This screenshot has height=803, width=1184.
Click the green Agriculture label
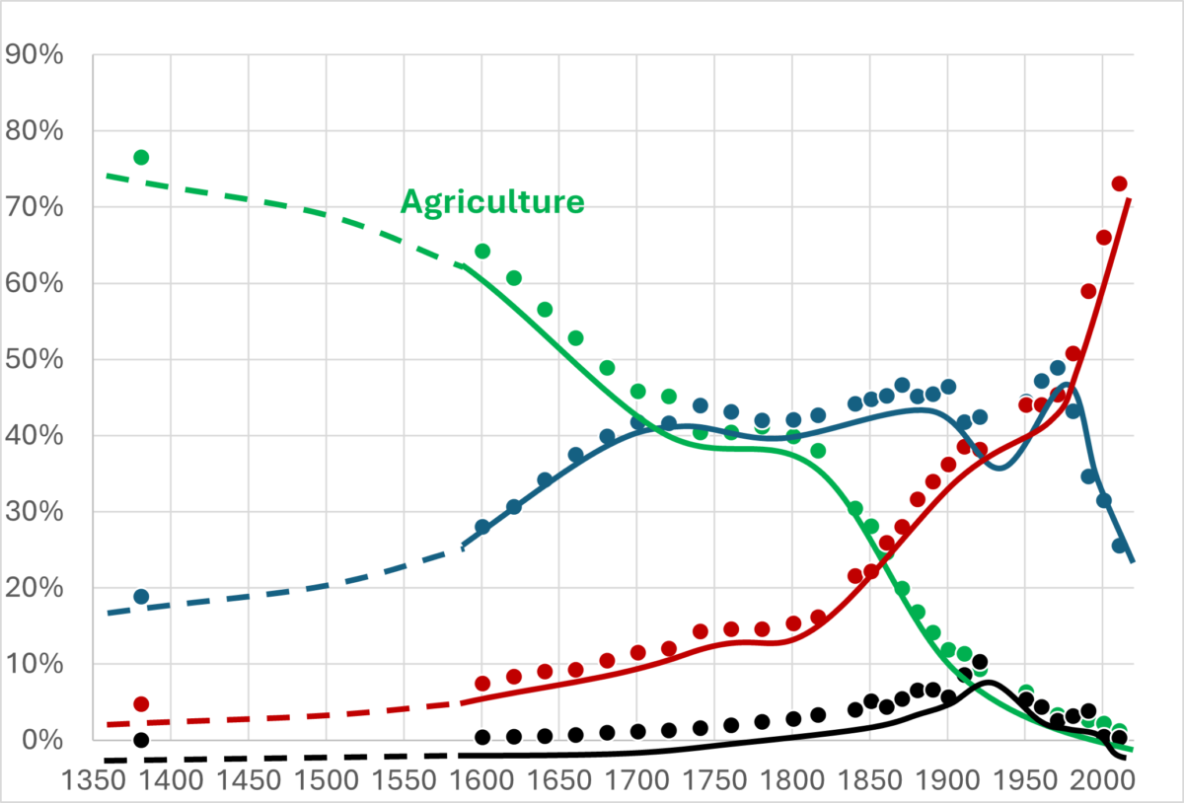pos(491,202)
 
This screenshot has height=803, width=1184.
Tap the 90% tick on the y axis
pos(36,55)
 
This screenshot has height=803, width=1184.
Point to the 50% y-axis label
pos(36,360)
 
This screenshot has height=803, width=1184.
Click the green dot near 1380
pos(141,158)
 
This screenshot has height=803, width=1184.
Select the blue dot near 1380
pos(141,597)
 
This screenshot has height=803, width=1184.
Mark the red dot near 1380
pos(141,704)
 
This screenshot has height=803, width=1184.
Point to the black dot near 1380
pos(141,740)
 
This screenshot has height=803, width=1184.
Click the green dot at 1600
pos(482,252)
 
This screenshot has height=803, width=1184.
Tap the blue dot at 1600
pos(482,527)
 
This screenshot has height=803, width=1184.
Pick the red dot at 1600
pos(482,684)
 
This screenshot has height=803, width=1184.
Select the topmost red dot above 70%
pos(1119,183)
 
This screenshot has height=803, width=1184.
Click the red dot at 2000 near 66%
pos(1103,237)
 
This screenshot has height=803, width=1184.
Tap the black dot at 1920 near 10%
pos(979,662)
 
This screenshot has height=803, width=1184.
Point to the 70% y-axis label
pos(36,208)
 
